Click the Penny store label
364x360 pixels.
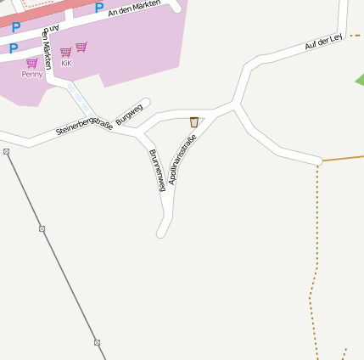point(32,74)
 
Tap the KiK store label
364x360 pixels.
point(66,64)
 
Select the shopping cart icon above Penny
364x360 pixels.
point(32,63)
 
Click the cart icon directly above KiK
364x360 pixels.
point(65,53)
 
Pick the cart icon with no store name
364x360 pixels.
point(81,47)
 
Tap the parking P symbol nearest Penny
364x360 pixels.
point(13,48)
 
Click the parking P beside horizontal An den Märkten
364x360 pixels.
point(99,8)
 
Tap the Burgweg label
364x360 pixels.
point(130,115)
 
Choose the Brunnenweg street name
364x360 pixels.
point(156,170)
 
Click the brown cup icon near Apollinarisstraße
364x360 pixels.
point(194,122)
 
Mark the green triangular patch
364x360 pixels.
point(360,80)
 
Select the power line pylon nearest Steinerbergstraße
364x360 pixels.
point(6,151)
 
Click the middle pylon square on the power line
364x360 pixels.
point(42,228)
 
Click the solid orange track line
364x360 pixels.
point(343,157)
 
